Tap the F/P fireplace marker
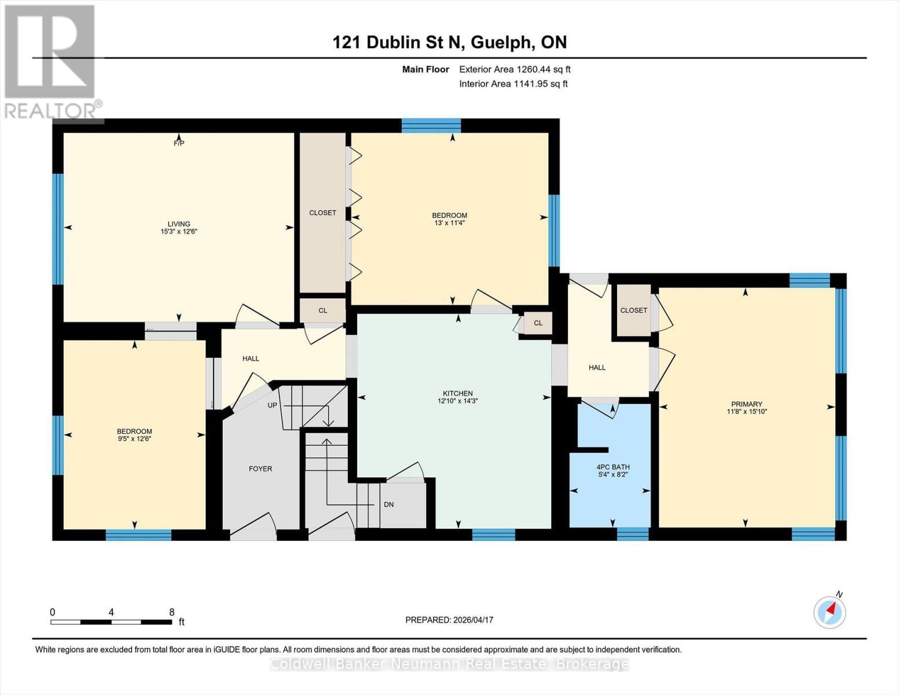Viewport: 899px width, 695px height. pyautogui.click(x=179, y=143)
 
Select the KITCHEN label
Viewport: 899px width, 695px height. pyautogui.click(x=458, y=393)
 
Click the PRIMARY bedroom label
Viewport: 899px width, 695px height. pyautogui.click(x=746, y=404)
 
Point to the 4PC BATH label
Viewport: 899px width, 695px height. pyautogui.click(x=612, y=467)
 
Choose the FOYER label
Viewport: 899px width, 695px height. pyautogui.click(x=260, y=469)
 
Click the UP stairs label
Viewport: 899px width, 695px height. pyautogui.click(x=272, y=405)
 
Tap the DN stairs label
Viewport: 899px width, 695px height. pyautogui.click(x=388, y=504)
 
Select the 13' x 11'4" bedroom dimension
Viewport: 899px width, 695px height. pyautogui.click(x=450, y=223)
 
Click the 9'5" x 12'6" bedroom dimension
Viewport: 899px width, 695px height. pyautogui.click(x=134, y=439)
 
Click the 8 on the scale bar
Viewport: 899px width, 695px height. pyautogui.click(x=171, y=612)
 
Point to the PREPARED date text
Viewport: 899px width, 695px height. pyautogui.click(x=449, y=620)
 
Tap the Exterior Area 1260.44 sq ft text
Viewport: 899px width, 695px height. pyautogui.click(x=515, y=69)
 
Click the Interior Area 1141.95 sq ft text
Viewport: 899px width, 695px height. pyautogui.click(x=513, y=83)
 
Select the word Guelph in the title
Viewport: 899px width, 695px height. pyautogui.click(x=502, y=42)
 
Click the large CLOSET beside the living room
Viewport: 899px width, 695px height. pyautogui.click(x=322, y=213)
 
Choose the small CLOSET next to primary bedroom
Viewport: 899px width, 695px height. pyautogui.click(x=633, y=310)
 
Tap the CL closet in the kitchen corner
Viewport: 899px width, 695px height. pyautogui.click(x=538, y=323)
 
